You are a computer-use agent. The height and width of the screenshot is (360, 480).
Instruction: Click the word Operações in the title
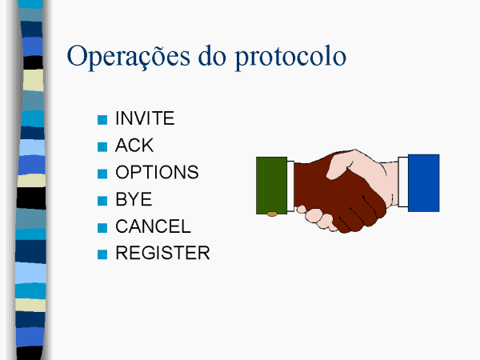pyautogui.click(x=128, y=57)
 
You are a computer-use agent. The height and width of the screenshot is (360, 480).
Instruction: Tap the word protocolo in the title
pyautogui.click(x=290, y=58)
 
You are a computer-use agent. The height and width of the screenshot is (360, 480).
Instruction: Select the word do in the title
pyautogui.click(x=212, y=56)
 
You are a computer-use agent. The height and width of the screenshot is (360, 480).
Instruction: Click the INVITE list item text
pyautogui.click(x=145, y=118)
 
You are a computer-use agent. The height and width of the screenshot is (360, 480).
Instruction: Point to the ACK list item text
pyautogui.click(x=134, y=145)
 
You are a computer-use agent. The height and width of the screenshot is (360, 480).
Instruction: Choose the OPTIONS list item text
pyautogui.click(x=157, y=172)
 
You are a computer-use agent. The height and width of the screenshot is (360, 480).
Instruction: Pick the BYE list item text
pyautogui.click(x=134, y=199)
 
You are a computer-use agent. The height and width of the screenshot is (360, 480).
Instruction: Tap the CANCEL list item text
pyautogui.click(x=153, y=226)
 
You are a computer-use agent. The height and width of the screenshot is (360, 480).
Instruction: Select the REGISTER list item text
pyautogui.click(x=162, y=253)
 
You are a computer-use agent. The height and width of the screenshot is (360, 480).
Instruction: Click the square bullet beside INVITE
pyautogui.click(x=102, y=120)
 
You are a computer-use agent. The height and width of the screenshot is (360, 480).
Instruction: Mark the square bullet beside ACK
pyautogui.click(x=102, y=146)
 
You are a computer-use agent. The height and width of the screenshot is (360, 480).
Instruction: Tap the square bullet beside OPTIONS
pyautogui.click(x=102, y=174)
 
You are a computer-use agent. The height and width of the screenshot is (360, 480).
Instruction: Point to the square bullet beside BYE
pyautogui.click(x=102, y=201)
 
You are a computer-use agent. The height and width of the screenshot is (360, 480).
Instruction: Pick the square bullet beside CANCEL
pyautogui.click(x=102, y=228)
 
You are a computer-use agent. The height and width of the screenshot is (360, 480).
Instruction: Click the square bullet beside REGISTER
pyautogui.click(x=102, y=254)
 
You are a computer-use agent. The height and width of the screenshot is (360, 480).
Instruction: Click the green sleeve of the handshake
pyautogui.click(x=271, y=186)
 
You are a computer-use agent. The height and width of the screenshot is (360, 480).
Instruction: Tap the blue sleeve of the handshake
pyautogui.click(x=424, y=182)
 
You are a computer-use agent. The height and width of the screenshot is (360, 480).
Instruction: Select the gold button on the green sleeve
pyautogui.click(x=272, y=214)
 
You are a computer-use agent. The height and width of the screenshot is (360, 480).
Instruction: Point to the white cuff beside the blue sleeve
pyautogui.click(x=403, y=182)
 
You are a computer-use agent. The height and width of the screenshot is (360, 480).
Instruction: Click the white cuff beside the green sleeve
pyautogui.click(x=290, y=186)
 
